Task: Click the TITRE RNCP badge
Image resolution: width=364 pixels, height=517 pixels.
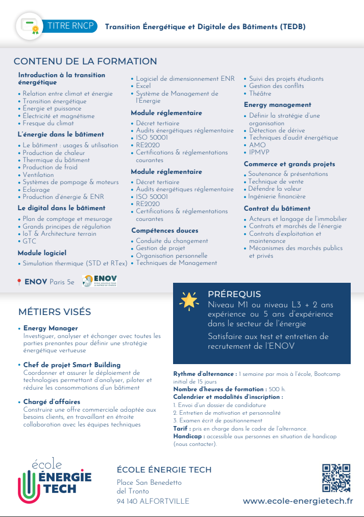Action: (x=72, y=26)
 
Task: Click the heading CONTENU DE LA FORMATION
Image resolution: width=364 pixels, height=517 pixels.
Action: (x=85, y=61)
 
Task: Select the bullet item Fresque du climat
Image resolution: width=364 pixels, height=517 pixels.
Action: (x=48, y=123)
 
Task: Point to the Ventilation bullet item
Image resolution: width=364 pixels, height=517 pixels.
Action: (x=38, y=174)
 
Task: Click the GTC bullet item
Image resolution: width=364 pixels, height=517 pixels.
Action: (x=29, y=241)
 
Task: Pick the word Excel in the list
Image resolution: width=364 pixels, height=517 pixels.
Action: (x=143, y=86)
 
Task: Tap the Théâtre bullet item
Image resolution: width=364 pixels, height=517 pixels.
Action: (x=260, y=94)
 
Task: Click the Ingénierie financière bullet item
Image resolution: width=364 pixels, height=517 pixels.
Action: (x=277, y=196)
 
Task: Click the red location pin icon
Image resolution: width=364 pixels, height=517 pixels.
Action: (x=19, y=282)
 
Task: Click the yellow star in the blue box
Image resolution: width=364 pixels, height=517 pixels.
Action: (x=189, y=300)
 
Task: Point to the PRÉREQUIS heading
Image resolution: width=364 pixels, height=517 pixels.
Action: (x=234, y=294)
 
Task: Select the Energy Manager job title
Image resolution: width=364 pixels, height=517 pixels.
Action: (x=51, y=328)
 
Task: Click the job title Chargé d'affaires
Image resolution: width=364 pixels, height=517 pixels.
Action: (x=52, y=402)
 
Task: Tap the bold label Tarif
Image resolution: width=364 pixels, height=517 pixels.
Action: (x=182, y=429)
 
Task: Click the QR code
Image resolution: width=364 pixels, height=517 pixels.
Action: (x=336, y=477)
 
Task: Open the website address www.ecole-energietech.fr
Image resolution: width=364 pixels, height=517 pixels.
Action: (x=298, y=501)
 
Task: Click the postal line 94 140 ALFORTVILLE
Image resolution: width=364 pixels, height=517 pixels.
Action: (x=153, y=501)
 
